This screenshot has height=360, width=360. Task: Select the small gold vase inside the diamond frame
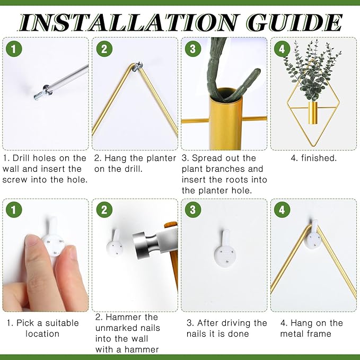(313, 113)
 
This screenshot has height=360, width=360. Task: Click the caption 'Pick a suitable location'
(43, 328)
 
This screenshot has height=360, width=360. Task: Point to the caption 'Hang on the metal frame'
(312, 328)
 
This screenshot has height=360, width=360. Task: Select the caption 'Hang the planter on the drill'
(135, 163)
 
